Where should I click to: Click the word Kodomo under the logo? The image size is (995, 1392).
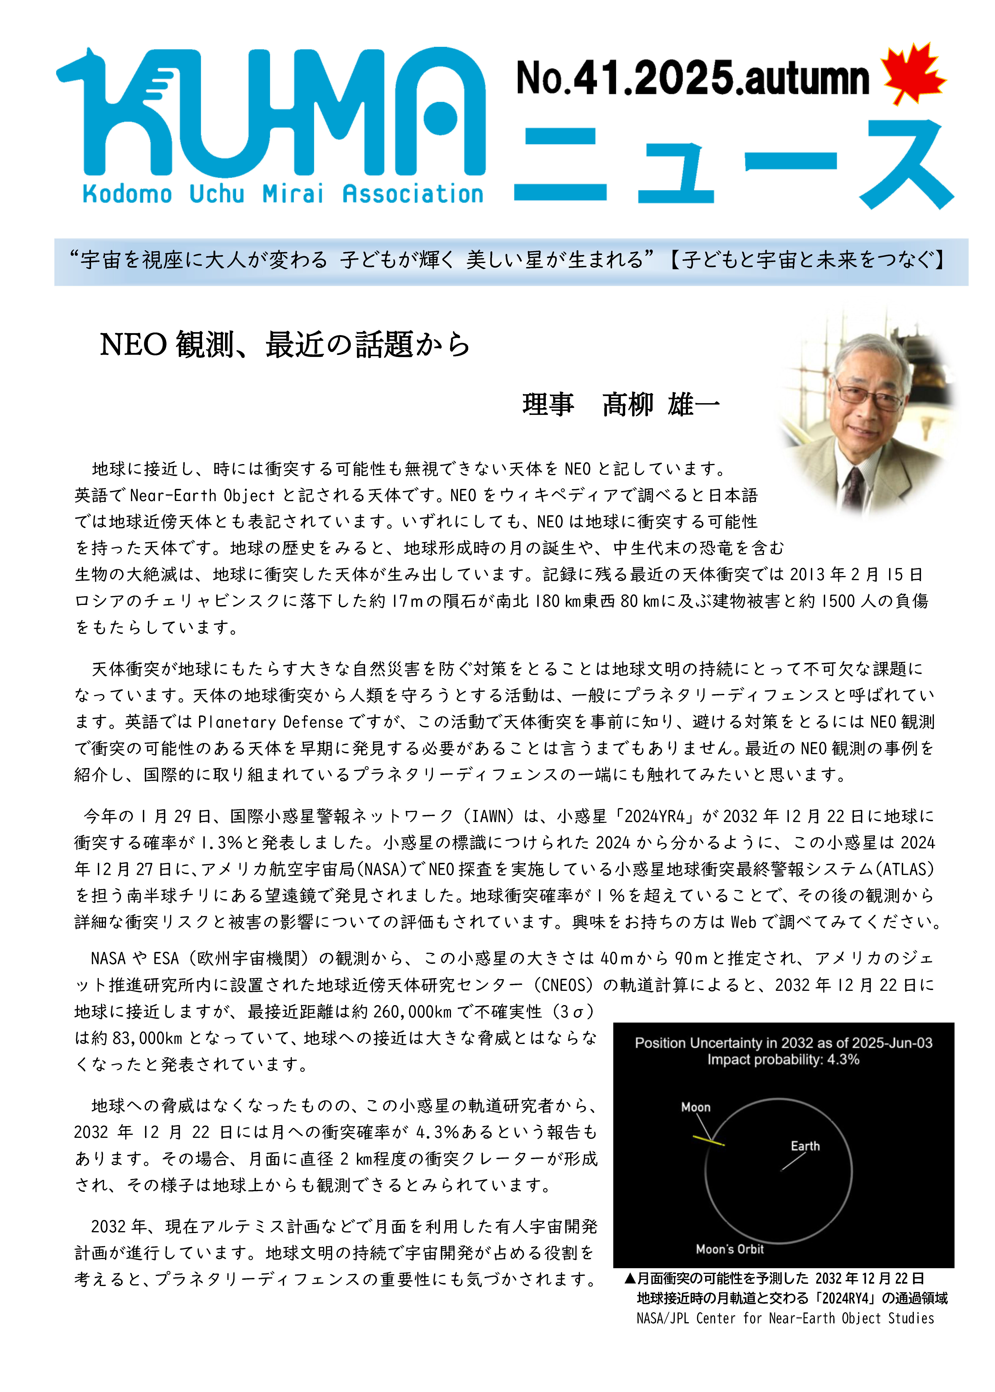pos(127,194)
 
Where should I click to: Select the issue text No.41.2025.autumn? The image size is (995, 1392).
pos(692,78)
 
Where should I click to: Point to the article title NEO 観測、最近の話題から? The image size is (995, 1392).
pos(285,344)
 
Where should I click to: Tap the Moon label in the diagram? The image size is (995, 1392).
pos(695,1107)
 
